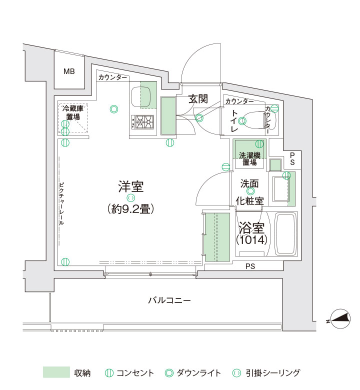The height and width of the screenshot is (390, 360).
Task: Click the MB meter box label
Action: click(69, 71)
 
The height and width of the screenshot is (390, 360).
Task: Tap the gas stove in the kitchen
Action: click(142, 122)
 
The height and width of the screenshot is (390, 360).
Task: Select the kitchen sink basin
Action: click(141, 95)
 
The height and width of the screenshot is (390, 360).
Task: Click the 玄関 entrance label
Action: click(198, 99)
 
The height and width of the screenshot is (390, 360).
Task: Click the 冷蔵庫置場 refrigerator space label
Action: click(73, 112)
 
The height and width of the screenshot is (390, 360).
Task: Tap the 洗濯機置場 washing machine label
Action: click(249, 159)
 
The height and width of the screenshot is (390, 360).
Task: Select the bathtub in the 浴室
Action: click(285, 234)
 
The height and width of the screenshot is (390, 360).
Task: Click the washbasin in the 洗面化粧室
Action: click(280, 189)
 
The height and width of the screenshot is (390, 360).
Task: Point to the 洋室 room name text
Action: click(131, 187)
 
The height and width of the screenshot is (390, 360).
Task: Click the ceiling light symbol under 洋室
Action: click(131, 198)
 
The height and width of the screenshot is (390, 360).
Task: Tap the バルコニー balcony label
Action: click(169, 300)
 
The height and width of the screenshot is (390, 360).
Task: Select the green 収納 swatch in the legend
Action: click(56, 372)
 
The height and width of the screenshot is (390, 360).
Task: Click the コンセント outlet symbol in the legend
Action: click(109, 373)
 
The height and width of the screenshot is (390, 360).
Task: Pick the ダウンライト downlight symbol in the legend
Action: click(169, 373)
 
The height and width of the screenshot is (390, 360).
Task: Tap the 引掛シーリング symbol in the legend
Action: click(236, 373)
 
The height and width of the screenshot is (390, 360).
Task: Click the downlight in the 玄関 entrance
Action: click(199, 117)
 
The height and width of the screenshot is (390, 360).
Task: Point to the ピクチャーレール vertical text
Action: click(61, 204)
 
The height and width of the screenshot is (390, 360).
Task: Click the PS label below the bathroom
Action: click(250, 266)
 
